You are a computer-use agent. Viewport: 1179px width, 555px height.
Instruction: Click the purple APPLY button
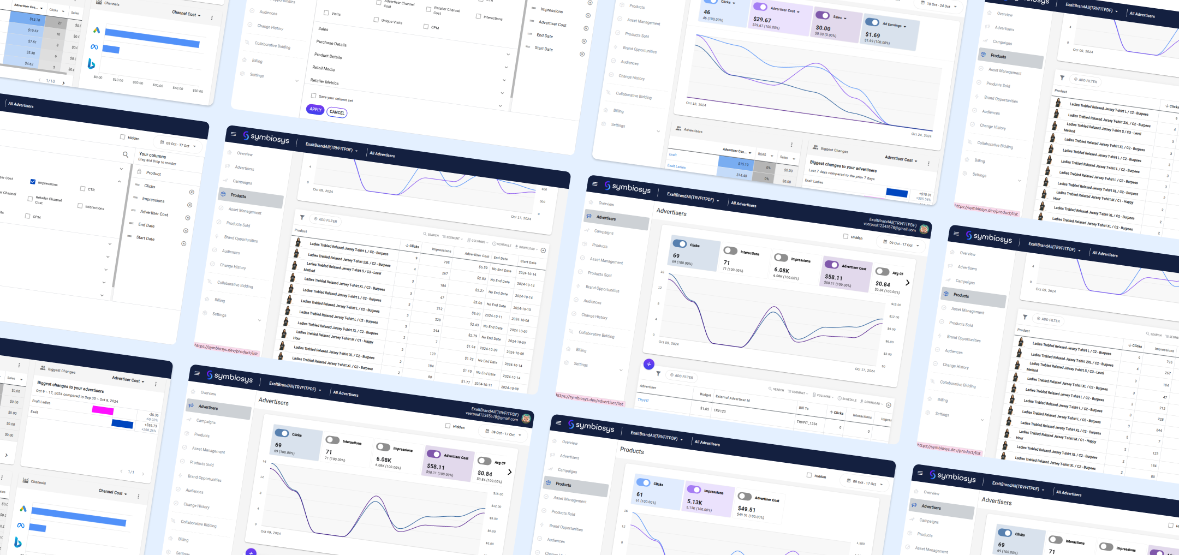315,109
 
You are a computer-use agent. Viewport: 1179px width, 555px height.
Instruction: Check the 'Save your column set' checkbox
313,96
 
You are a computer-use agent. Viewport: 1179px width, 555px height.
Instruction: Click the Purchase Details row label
331,43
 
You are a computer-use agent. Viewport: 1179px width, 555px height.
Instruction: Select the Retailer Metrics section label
324,81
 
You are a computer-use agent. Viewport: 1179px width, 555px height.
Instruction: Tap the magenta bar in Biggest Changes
103,410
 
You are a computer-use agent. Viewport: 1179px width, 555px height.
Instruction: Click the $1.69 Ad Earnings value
872,35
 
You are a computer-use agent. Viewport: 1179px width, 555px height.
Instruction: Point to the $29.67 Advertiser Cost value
762,19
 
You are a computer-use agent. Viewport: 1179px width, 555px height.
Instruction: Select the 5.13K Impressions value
694,502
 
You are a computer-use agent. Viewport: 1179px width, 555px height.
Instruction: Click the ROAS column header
762,154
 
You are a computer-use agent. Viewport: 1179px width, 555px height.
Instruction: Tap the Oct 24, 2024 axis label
921,135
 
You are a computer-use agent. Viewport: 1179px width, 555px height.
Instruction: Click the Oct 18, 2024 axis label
696,104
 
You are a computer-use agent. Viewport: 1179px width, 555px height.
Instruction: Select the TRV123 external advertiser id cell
719,411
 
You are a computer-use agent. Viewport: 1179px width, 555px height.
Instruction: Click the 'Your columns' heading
152,156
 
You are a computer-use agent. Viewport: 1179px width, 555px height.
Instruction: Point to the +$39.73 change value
151,425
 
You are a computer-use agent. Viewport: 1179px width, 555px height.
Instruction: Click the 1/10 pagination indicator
50,81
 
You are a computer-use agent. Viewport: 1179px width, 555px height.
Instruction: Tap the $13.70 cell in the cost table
34,20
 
